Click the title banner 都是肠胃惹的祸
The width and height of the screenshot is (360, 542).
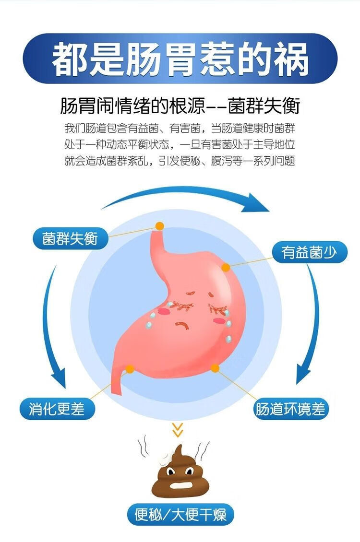click(180, 58)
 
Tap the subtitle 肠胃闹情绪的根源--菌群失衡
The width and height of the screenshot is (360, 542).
click(180, 106)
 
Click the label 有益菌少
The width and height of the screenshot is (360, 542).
click(309, 251)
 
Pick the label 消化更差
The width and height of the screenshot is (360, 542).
click(57, 409)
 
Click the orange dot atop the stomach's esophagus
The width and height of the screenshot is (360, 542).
click(159, 225)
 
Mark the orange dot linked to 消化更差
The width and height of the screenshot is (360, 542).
click(130, 369)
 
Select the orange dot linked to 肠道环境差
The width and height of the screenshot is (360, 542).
click(215, 368)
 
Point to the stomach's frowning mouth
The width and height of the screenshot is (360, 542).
click(182, 326)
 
